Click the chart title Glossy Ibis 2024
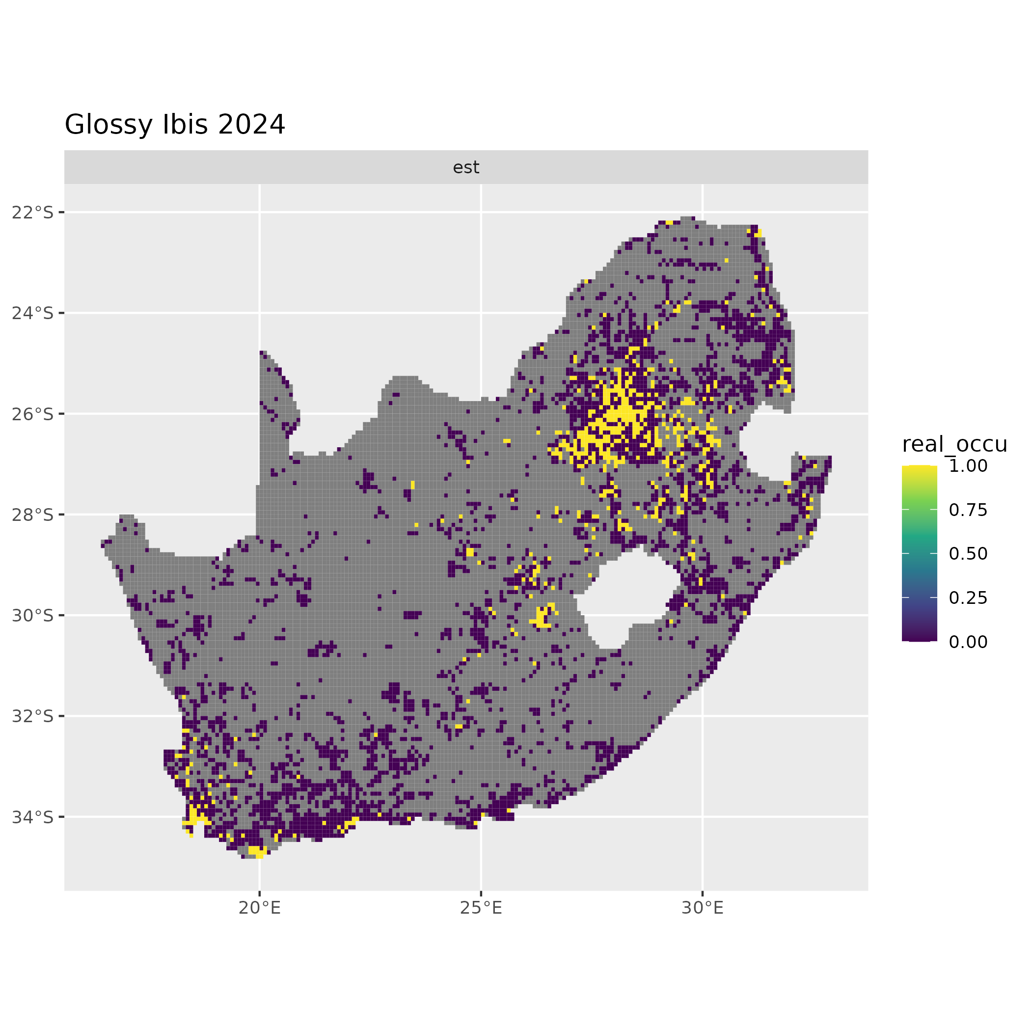[x=175, y=124]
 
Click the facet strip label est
[x=466, y=167]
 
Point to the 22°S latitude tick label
[x=33, y=213]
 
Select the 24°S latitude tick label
[x=33, y=313]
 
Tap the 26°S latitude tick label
[x=33, y=413]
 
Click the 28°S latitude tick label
[x=33, y=515]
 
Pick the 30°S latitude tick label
[x=33, y=615]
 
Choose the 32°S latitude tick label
[x=33, y=716]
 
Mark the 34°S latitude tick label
[x=33, y=816]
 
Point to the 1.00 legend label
[x=968, y=466]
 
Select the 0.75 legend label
[x=968, y=510]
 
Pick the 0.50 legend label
[x=968, y=553]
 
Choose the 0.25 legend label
[x=968, y=597]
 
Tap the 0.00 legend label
[x=968, y=642]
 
